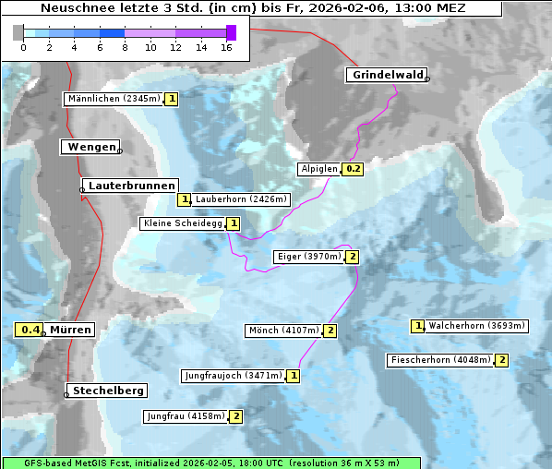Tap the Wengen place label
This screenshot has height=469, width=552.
click(91, 147)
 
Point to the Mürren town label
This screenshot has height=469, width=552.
click(70, 330)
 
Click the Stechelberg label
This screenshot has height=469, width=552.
click(109, 391)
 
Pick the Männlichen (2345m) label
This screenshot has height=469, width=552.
click(114, 99)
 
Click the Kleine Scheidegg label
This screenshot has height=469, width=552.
click(183, 223)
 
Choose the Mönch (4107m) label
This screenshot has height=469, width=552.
click(283, 331)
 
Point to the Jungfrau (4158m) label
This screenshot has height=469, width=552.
click(186, 416)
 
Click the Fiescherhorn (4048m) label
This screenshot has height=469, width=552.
click(440, 360)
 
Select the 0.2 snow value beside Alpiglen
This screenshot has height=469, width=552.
click(354, 169)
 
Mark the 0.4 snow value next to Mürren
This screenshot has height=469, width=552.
click(30, 330)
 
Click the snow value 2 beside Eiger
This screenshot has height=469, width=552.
click(352, 257)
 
